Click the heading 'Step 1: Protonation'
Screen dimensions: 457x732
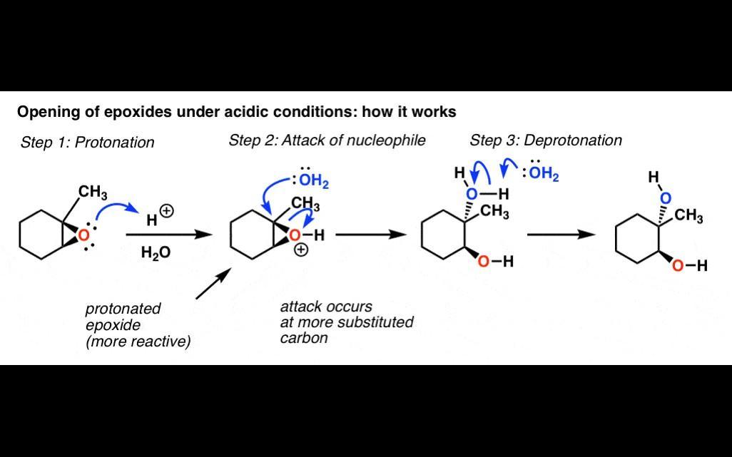87,143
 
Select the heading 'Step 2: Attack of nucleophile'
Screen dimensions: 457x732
327,140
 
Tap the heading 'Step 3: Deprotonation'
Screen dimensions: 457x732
545,140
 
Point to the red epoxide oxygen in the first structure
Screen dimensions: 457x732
84,235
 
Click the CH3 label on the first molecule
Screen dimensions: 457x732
93,192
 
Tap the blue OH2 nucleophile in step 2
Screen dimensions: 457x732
315,182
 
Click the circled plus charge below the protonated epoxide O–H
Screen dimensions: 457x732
301,250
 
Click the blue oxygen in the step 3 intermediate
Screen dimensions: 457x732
471,193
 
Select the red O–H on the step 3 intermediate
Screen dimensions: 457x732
494,262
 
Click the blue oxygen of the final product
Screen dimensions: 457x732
665,197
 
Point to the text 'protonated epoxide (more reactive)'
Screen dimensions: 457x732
138,325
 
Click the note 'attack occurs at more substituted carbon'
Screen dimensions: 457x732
346,322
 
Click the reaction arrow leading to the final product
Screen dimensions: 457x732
561,235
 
